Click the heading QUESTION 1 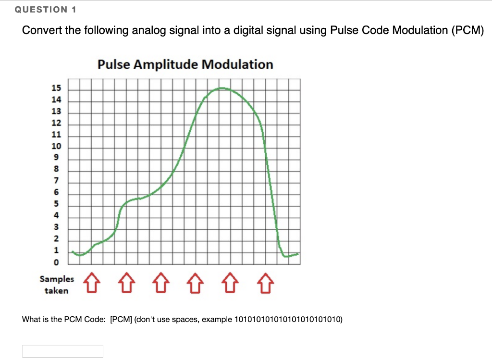coord(46,9)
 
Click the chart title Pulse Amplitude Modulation coord(185,64)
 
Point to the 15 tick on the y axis coord(57,88)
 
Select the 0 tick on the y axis coord(57,263)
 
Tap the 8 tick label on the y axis coord(57,169)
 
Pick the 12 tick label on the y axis coord(57,123)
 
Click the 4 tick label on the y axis coord(57,216)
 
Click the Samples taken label coord(57,285)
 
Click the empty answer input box coord(62,351)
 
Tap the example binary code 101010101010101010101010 coord(287,319)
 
